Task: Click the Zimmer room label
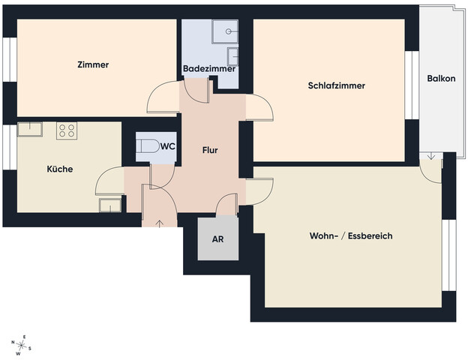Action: click(x=93, y=64)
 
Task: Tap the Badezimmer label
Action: click(x=209, y=69)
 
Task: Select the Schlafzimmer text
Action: click(x=336, y=85)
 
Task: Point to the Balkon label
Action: click(x=441, y=79)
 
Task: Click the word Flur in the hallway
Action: click(x=210, y=150)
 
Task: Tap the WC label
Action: click(x=168, y=146)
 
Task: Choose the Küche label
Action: click(x=60, y=169)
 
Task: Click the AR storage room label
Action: click(x=218, y=239)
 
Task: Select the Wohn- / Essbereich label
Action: click(x=351, y=235)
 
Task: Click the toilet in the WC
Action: click(x=150, y=146)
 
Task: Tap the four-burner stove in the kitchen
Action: click(x=67, y=130)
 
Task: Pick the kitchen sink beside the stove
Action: click(x=29, y=129)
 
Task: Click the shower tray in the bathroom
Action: click(x=225, y=31)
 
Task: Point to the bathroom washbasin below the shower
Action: click(x=232, y=56)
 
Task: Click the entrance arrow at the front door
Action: click(x=160, y=223)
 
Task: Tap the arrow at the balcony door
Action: click(x=430, y=156)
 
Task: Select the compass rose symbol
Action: click(x=21, y=345)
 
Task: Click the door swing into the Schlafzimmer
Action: click(x=259, y=107)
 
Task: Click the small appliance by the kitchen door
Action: click(x=110, y=205)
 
